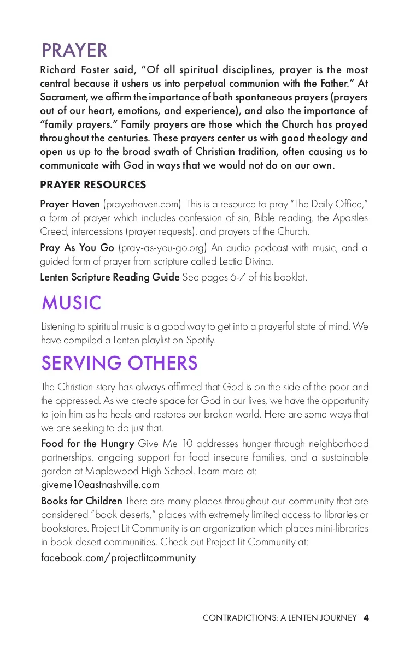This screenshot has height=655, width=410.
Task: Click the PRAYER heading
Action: tap(74, 50)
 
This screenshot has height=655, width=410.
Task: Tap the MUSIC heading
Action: tap(71, 302)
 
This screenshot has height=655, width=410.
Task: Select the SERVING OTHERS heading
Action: tap(119, 363)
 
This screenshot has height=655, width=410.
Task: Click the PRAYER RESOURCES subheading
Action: tap(93, 185)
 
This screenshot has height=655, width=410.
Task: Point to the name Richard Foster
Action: tap(73, 70)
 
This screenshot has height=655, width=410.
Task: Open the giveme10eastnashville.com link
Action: tap(100, 485)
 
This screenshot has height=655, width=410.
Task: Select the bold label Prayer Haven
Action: tap(70, 204)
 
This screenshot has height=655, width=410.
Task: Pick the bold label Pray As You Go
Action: tap(77, 248)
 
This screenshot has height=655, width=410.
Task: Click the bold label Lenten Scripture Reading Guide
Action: tap(110, 277)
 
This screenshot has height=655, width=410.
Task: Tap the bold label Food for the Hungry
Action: tap(87, 443)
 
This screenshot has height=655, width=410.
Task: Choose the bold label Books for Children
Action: tap(81, 501)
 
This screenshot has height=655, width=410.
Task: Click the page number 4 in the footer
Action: tap(366, 618)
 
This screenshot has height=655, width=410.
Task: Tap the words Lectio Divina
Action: tap(241, 261)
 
